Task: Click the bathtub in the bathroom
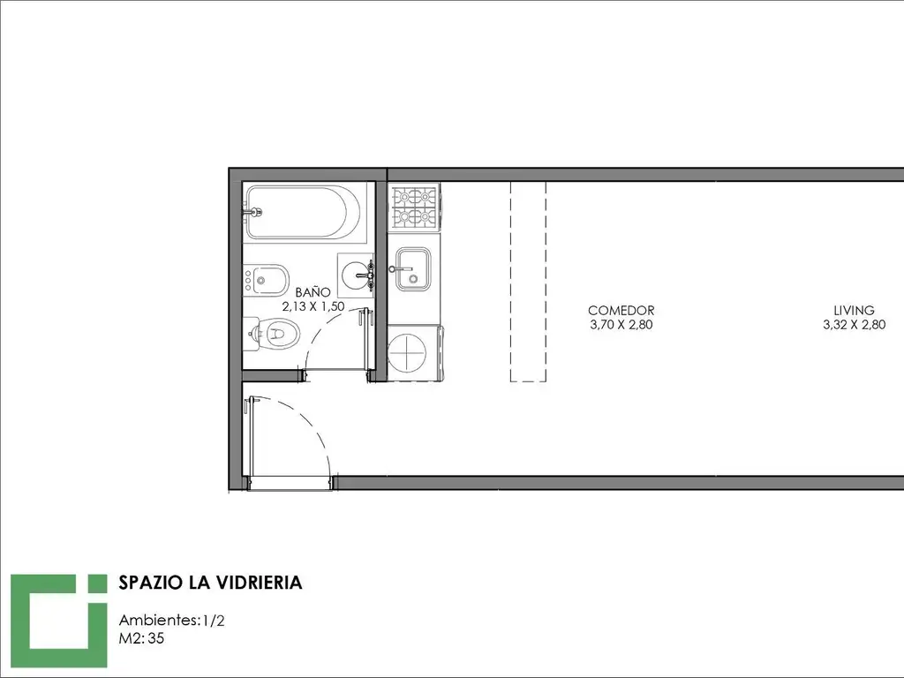click(305, 212)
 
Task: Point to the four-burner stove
click(414, 207)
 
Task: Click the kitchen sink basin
click(413, 269)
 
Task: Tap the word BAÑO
click(313, 292)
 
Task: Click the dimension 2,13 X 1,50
click(313, 306)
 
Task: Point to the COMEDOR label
click(621, 311)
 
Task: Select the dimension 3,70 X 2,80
click(621, 325)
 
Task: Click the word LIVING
click(854, 310)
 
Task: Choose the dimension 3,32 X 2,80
click(854, 325)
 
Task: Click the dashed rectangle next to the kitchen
click(528, 282)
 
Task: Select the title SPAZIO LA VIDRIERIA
click(210, 583)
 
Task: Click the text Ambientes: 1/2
click(172, 621)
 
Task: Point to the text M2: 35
click(141, 638)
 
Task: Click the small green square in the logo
click(97, 583)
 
